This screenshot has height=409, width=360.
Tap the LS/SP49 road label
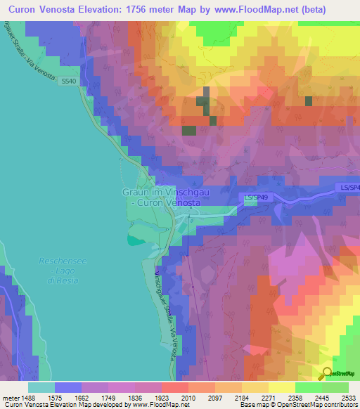pyautogui.click(x=257, y=199)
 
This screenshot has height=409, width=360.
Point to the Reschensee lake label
pyautogui.click(x=63, y=261)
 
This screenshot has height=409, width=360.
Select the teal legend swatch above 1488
pyautogui.click(x=41, y=387)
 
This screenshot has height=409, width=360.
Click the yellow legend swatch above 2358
pyautogui.click(x=281, y=387)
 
